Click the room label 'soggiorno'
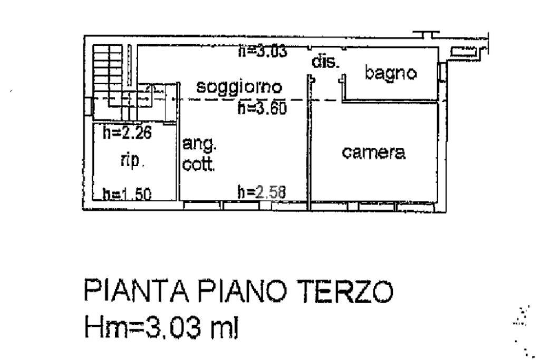(239, 86)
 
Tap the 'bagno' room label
(391, 73)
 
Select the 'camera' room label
(373, 153)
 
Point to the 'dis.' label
(325, 62)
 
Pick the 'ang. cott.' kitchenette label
(199, 155)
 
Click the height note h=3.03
(262, 51)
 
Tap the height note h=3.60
(262, 109)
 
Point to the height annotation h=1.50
(127, 195)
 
